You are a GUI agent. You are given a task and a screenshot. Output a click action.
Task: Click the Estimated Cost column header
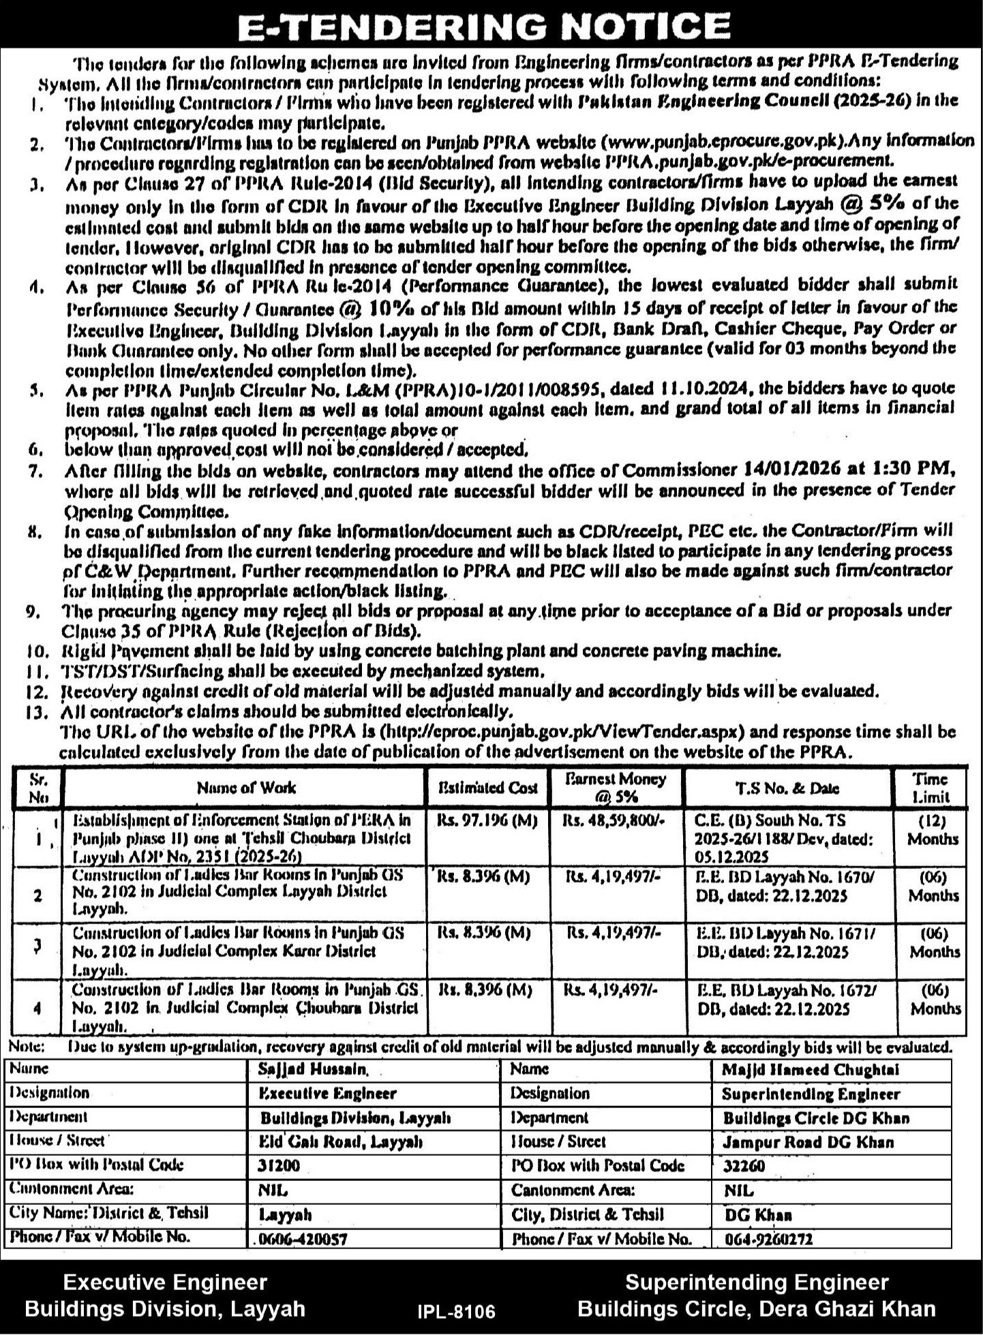click(489, 788)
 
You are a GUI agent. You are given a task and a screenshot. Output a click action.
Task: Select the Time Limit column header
click(931, 788)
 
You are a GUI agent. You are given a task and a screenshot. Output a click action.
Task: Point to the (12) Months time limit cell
click(933, 829)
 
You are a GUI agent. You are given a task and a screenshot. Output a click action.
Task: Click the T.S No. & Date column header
click(787, 788)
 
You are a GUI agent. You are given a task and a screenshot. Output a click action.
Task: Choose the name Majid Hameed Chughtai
click(811, 1070)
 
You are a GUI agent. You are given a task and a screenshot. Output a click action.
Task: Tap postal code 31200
click(279, 1165)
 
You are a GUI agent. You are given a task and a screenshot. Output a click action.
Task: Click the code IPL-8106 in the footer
click(456, 1310)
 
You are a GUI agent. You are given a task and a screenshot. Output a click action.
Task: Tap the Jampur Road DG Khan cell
click(808, 1141)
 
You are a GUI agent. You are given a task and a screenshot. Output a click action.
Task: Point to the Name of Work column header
click(246, 788)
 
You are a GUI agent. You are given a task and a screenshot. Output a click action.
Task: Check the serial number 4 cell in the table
click(37, 1007)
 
